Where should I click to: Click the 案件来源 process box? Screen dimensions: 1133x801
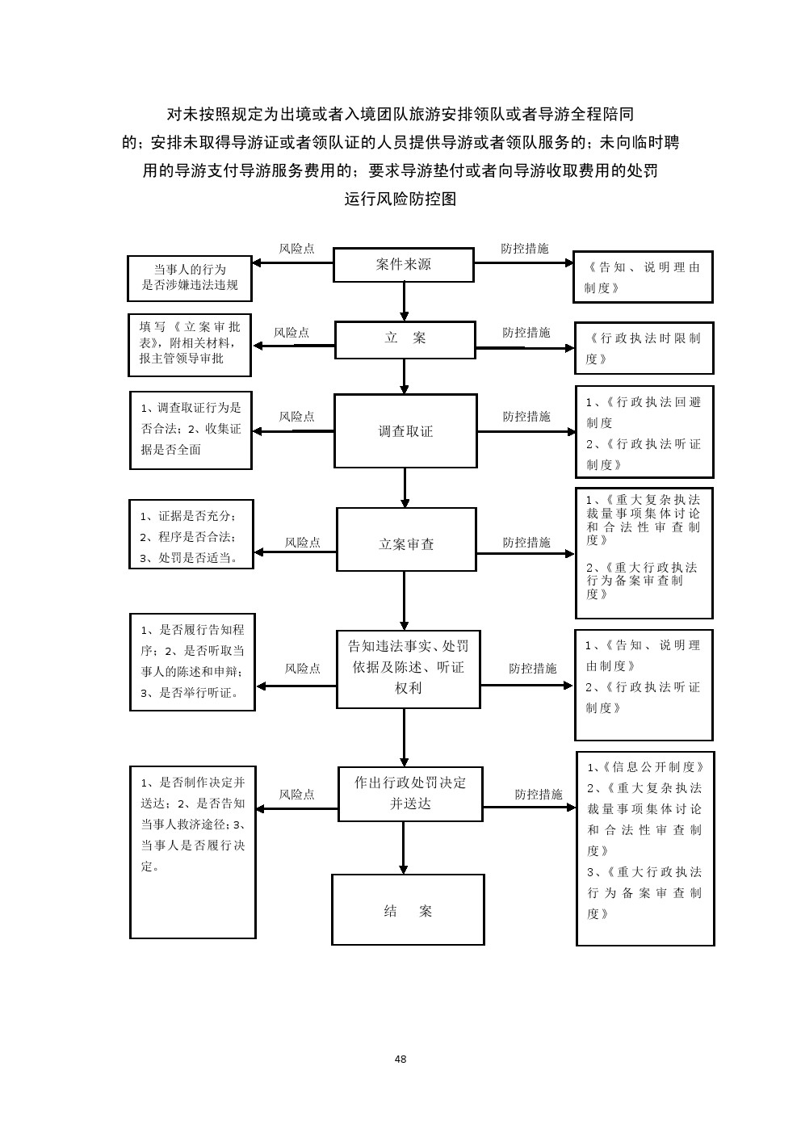point(404,265)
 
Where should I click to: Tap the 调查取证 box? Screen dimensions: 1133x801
point(405,431)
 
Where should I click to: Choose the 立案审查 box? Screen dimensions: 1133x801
point(406,544)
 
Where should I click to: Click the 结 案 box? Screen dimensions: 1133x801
point(408,909)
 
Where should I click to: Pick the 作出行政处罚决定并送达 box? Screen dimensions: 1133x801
point(410,793)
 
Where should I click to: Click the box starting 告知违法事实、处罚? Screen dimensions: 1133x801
point(408,668)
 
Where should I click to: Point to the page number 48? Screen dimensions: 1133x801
point(400,1059)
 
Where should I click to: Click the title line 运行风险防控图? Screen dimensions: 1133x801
point(400,199)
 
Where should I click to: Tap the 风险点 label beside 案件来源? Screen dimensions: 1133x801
point(296,249)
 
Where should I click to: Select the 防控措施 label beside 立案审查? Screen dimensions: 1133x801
point(526,543)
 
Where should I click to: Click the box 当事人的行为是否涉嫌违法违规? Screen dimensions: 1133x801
point(190,277)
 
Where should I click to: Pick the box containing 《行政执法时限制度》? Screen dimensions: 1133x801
point(644,348)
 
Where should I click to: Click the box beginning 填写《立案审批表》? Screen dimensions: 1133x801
point(190,345)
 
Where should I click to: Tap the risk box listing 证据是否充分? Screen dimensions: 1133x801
point(191,535)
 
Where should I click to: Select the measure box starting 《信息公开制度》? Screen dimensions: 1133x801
point(645,848)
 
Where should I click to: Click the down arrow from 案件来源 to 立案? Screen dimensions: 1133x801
point(405,302)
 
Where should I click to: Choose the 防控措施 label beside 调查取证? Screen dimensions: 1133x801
point(526,417)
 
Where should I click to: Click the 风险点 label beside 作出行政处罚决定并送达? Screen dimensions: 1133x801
point(296,795)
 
